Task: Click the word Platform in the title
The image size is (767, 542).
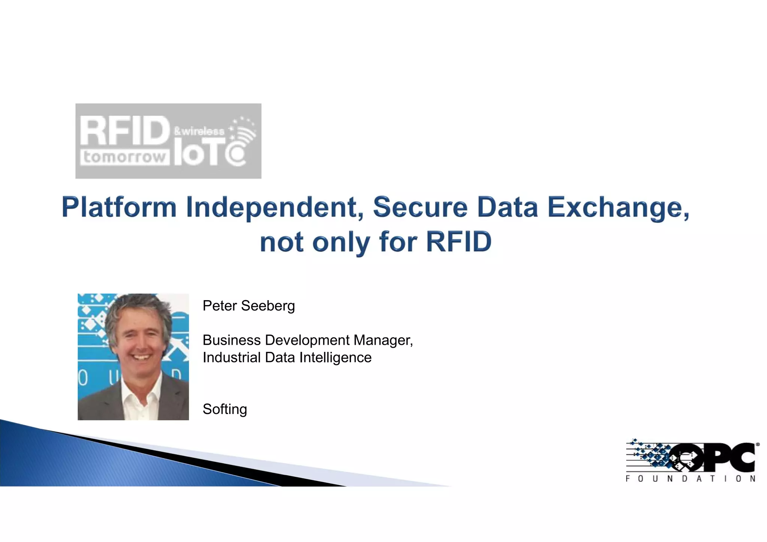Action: point(119,207)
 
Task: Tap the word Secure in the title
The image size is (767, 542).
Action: point(420,207)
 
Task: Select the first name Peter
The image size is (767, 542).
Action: point(219,306)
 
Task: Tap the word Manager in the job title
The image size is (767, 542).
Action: point(383,340)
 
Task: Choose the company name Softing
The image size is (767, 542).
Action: point(225,409)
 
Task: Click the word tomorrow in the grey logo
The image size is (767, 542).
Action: point(124,157)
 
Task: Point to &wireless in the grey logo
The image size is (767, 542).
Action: point(199,131)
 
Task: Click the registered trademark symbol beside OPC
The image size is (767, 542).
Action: point(758,445)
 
